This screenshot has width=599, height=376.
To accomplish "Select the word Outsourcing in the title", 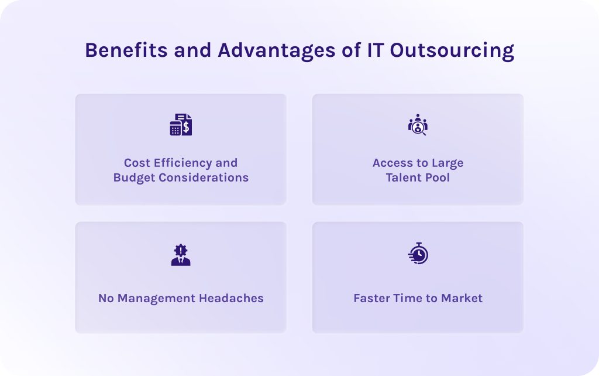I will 452,50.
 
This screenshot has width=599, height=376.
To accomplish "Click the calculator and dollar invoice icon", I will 181,125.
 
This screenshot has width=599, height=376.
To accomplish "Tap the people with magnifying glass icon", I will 418,125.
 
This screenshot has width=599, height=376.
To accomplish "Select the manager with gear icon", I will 181,255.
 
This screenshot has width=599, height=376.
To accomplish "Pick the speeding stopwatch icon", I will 418,254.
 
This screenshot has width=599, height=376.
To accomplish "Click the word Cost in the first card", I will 137,163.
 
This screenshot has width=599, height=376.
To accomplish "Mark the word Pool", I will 438,177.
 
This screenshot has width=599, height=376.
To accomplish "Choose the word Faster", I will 371,298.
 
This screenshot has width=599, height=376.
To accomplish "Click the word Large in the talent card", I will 447,163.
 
